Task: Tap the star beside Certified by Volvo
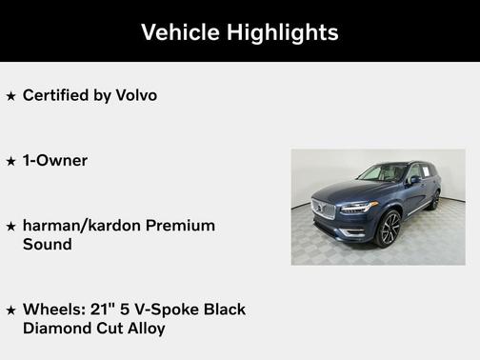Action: pyautogui.click(x=10, y=95)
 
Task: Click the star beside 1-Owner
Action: pyautogui.click(x=10, y=161)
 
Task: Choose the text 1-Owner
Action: pyautogui.click(x=54, y=161)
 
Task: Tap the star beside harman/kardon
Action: pyautogui.click(x=10, y=227)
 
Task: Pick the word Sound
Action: pyautogui.click(x=47, y=244)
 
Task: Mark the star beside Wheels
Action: pyautogui.click(x=10, y=310)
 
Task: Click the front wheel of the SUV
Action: pyautogui.click(x=389, y=229)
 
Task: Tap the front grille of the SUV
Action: pyautogui.click(x=325, y=210)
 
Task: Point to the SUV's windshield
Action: pyautogui.click(x=382, y=173)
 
